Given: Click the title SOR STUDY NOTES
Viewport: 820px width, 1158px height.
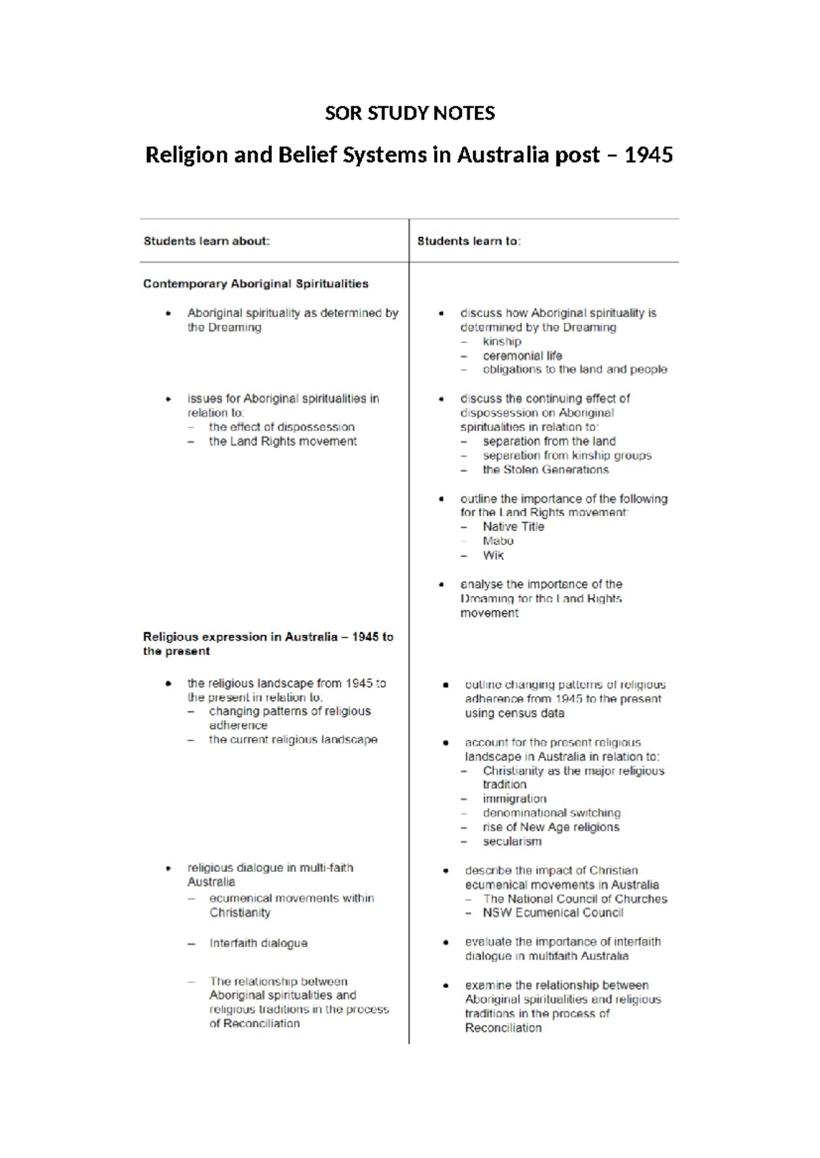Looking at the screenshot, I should tap(409, 113).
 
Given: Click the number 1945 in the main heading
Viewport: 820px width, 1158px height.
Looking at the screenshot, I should tap(648, 155).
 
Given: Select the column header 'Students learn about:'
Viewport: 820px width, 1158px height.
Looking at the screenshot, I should tap(206, 241).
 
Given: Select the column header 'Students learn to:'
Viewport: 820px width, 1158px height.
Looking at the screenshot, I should tap(469, 241).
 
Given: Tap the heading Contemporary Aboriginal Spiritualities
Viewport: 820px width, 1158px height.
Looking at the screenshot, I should tap(256, 283).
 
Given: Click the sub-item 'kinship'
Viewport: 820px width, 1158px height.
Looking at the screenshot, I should tap(502, 341).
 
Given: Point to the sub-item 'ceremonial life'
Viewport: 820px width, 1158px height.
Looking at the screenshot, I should tap(522, 356).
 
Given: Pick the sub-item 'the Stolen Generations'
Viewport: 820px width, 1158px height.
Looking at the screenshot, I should tap(545, 470).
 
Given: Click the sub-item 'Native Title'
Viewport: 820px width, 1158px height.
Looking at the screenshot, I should tap(513, 526).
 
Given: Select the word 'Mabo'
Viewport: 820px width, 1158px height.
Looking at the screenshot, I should tap(498, 541).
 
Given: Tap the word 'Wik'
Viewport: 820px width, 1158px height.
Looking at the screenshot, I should tap(493, 555).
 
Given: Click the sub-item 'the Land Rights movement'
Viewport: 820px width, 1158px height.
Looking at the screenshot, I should tap(283, 441).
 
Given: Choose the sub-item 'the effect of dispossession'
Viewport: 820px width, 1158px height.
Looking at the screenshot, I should tap(282, 427).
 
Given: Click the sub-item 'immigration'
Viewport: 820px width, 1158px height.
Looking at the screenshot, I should tap(515, 799).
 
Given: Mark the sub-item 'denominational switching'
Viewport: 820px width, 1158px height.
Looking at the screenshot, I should tap(551, 813).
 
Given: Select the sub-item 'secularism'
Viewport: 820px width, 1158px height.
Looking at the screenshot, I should tap(512, 841).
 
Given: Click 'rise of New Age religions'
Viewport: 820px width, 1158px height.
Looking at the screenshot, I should tap(551, 827).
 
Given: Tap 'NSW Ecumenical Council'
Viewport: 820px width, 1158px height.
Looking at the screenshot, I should tap(553, 913).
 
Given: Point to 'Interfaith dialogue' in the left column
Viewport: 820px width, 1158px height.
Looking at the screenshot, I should tap(258, 943).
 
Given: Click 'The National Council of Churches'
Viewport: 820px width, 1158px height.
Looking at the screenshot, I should tap(575, 899).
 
